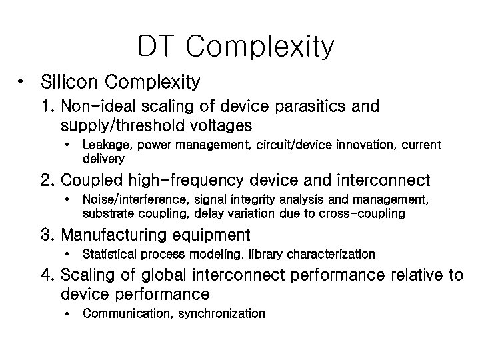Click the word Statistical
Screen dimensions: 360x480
(x=107, y=254)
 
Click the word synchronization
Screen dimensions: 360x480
(x=221, y=313)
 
